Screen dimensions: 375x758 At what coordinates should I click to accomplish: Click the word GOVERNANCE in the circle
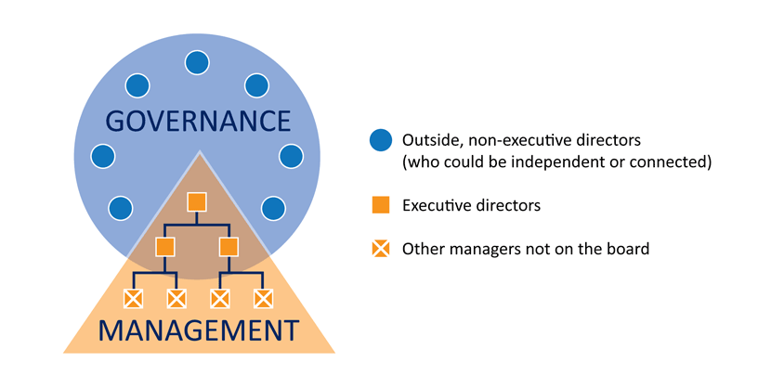tap(197, 122)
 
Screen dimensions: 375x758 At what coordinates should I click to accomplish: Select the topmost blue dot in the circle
tap(197, 63)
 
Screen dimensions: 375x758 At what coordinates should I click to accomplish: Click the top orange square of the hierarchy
tap(196, 201)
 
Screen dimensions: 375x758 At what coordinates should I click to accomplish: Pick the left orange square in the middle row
tap(165, 247)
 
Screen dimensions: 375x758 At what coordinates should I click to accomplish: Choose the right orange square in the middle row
tap(229, 247)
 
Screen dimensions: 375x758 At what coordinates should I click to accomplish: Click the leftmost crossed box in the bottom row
tap(134, 298)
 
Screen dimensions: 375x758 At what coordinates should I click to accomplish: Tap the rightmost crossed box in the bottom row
tap(263, 298)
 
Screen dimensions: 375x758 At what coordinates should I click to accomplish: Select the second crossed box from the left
tap(176, 298)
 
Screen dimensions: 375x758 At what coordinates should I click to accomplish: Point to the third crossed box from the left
tap(219, 298)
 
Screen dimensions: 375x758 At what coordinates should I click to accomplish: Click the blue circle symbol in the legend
tap(380, 141)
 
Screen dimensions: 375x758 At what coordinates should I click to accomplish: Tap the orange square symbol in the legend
tap(380, 205)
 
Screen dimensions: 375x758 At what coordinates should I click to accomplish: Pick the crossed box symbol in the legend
tap(380, 249)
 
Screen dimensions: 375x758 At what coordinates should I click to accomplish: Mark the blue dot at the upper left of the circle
tap(137, 85)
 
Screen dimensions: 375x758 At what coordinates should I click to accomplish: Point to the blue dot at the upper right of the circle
tap(256, 85)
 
